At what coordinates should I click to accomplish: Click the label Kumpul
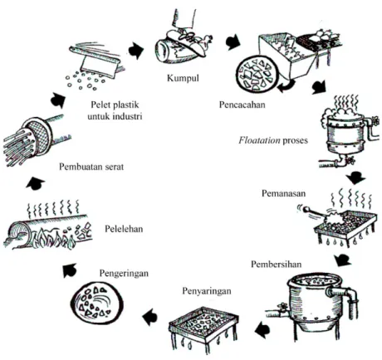point(183,79)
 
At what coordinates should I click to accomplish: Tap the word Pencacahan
point(242,105)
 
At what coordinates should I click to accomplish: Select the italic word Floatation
point(259,140)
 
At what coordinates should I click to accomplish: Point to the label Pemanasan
point(283,193)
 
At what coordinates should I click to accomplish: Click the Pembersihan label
point(276,264)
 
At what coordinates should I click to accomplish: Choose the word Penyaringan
point(207,291)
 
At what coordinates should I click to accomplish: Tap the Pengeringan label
point(124,274)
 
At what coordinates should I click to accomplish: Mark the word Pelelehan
point(124,229)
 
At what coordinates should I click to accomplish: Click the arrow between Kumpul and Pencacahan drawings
point(233,42)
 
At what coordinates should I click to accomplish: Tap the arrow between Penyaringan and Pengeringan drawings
point(150,316)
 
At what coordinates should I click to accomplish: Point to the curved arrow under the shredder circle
point(286,86)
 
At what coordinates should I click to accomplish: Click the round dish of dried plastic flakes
point(95,303)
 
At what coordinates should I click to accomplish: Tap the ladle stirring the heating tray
point(316,212)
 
